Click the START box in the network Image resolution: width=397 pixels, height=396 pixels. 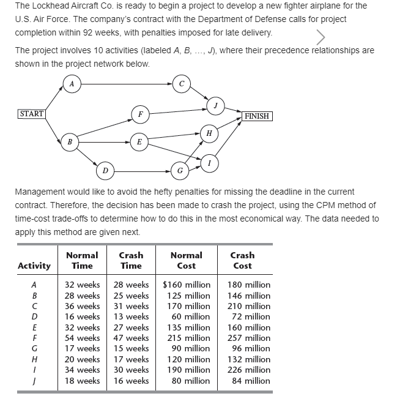(x=31, y=114)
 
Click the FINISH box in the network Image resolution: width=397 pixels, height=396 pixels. (x=257, y=116)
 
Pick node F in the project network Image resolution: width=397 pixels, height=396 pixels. (x=141, y=114)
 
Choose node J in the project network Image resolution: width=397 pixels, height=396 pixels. (x=215, y=105)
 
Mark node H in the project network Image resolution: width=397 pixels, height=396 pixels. (x=209, y=133)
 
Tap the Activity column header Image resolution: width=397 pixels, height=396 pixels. (x=34, y=266)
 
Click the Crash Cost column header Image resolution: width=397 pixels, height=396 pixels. (x=242, y=260)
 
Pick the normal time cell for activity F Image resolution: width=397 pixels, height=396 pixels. (x=83, y=338)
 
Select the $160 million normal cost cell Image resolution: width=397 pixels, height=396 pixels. (x=187, y=285)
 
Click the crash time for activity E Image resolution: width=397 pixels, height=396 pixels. (x=131, y=327)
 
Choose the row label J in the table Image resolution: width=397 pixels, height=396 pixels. (x=34, y=381)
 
